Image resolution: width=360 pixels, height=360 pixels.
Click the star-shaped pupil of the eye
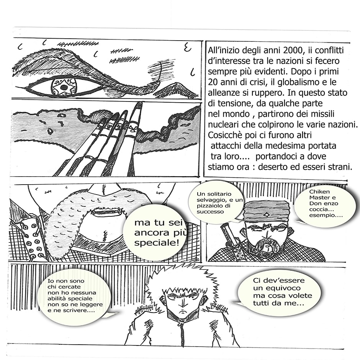point(64,87)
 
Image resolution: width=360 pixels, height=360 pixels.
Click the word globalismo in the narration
point(301,82)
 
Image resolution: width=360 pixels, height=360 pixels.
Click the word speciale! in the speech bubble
point(157,243)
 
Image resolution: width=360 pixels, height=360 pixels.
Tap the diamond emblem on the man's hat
point(267,215)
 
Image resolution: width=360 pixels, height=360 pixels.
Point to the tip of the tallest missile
point(139,103)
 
